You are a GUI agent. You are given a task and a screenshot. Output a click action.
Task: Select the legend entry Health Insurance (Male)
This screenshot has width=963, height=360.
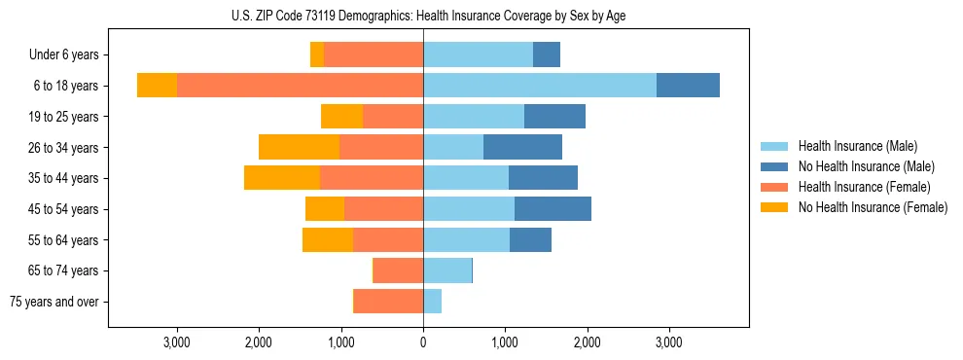(x=857, y=146)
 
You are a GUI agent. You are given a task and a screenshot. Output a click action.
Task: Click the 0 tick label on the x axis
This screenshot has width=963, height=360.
(x=423, y=343)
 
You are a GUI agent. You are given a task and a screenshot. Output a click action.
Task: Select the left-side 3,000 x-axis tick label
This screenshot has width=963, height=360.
(x=176, y=343)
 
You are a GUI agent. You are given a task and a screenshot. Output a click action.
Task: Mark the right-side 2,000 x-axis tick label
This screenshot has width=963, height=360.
(x=587, y=343)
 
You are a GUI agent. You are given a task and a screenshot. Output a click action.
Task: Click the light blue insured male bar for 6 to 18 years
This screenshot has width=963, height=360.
(x=540, y=86)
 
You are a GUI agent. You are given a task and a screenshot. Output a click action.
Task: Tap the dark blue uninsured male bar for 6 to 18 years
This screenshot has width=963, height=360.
(x=688, y=86)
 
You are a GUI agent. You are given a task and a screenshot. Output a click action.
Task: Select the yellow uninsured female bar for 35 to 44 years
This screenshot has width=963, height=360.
(x=282, y=178)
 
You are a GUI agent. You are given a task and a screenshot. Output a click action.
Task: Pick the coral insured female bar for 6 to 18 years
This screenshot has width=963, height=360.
(x=300, y=86)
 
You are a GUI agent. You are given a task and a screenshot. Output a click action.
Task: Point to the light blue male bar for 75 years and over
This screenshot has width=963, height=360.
(x=432, y=302)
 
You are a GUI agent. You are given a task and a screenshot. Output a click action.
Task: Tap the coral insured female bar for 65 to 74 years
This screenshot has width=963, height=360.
(x=398, y=270)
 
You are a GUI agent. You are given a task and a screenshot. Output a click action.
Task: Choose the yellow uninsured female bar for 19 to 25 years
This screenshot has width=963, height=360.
(x=341, y=117)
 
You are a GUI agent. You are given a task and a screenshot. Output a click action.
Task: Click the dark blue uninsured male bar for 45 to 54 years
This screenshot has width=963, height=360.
(x=553, y=209)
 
